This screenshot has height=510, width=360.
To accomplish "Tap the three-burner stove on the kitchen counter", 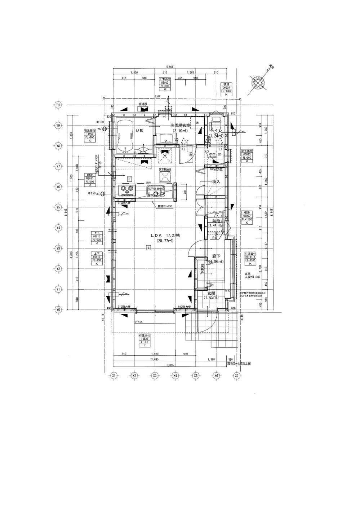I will (x=127, y=189).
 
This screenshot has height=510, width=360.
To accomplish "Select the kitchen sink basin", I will (x=156, y=194).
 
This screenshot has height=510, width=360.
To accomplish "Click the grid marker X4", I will (x=175, y=375).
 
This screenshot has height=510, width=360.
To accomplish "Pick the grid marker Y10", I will (x=58, y=105).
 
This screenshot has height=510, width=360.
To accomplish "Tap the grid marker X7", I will (x=237, y=375).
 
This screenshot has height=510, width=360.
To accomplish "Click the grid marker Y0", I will (x=58, y=309).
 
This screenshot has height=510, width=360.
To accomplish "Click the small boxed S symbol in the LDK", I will (x=148, y=247).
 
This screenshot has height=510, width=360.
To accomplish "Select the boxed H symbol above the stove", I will (x=129, y=179).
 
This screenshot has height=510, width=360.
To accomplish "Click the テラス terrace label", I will (x=138, y=322).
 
